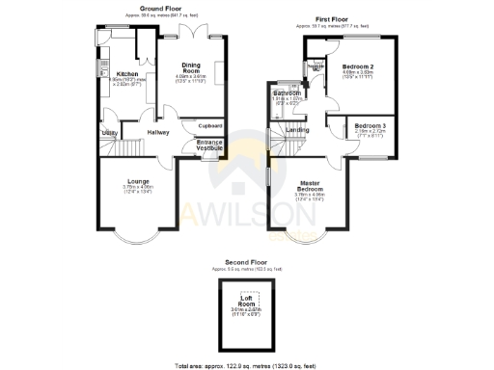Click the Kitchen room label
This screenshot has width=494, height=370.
[128, 73]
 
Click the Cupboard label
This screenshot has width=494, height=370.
[210, 125]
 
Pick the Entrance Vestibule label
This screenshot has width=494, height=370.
[209, 145]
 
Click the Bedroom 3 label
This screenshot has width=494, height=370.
[370, 126]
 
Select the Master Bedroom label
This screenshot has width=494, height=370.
[310, 186]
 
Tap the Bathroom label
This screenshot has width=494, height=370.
[287, 92]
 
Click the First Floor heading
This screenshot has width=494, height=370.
[332, 19]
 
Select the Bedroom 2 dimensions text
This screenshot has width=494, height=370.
[358, 74]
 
